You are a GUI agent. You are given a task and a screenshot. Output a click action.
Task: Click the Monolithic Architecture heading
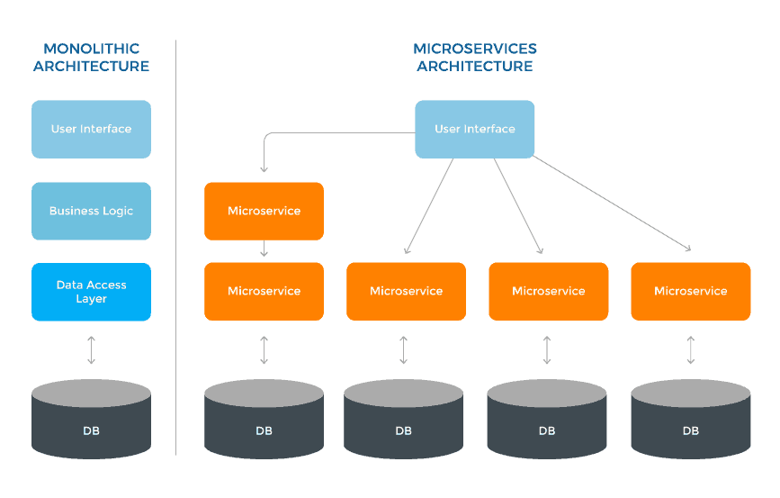point(90,57)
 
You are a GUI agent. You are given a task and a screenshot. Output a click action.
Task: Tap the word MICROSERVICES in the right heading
point(474,48)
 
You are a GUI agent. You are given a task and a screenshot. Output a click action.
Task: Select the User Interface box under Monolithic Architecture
point(91,129)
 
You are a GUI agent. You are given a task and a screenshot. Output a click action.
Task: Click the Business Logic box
point(91,211)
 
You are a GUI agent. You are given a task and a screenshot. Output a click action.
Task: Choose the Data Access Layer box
point(91,292)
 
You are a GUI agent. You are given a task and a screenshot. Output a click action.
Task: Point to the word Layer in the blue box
point(91,299)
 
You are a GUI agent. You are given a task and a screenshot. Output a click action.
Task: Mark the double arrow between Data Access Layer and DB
point(91,350)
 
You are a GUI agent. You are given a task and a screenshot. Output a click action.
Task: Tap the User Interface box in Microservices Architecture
point(474,129)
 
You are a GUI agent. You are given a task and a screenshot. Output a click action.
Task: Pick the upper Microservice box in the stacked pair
point(264,211)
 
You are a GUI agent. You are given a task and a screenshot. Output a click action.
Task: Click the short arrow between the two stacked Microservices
point(264,249)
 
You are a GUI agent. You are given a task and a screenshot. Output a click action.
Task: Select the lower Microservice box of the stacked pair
point(264,291)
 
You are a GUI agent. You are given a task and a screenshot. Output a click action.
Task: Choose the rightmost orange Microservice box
point(690,291)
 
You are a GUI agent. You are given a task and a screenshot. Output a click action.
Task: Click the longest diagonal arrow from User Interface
point(612,204)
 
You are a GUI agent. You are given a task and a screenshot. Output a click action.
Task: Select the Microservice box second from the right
point(548,291)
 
